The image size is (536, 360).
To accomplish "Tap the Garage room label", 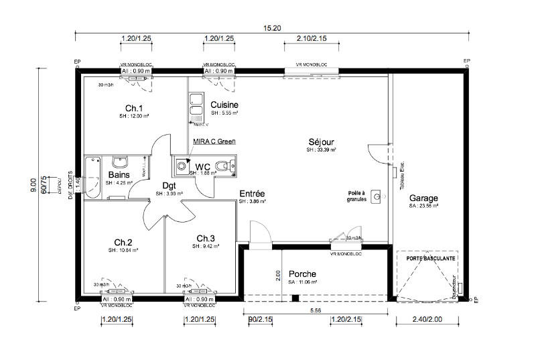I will click(423, 198).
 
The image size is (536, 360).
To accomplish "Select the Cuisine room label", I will click(224, 105).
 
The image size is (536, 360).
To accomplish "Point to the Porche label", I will click(302, 274).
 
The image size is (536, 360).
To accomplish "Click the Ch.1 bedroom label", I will click(134, 108).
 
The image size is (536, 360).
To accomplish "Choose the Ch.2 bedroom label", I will click(123, 242).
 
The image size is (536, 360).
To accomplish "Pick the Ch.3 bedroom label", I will click(206, 239).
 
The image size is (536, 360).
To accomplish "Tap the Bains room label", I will click(119, 176).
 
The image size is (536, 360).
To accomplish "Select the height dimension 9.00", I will click(32, 186).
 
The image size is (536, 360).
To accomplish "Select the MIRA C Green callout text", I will click(213, 141).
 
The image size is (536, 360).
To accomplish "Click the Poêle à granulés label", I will click(357, 196).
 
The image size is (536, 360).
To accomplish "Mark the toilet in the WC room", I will click(228, 164).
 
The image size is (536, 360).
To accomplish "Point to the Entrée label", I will click(253, 194).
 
